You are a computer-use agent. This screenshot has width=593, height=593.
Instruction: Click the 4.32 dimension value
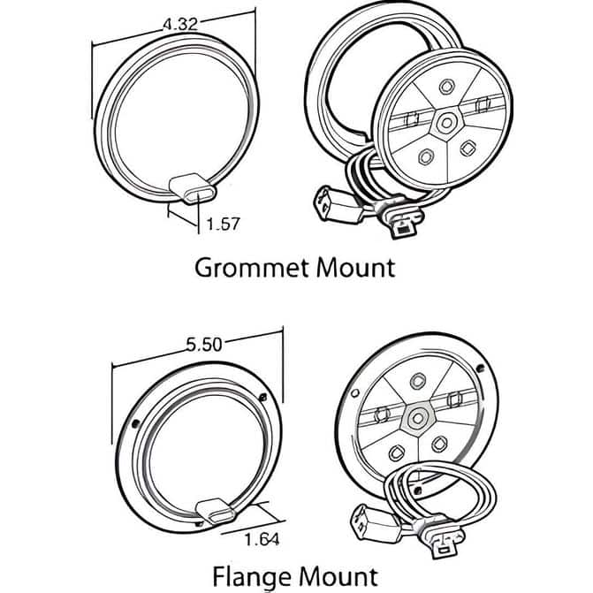click(x=180, y=24)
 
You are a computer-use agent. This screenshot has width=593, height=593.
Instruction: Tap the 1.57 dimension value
click(x=223, y=224)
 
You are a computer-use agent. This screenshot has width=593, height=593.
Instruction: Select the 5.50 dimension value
click(x=204, y=345)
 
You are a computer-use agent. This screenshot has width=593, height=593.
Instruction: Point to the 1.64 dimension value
click(x=262, y=539)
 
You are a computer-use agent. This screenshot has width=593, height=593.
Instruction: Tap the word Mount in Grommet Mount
click(x=356, y=268)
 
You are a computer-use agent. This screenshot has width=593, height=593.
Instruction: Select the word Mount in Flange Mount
click(x=338, y=577)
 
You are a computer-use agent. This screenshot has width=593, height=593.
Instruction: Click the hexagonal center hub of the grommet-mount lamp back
click(x=446, y=123)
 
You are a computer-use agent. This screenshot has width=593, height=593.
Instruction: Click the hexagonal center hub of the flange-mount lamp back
click(x=417, y=419)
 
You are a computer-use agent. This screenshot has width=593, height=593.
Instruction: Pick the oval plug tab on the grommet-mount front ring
click(x=193, y=188)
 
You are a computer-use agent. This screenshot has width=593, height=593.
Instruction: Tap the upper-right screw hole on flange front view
click(x=263, y=397)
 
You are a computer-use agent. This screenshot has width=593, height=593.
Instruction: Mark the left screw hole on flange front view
click(x=135, y=424)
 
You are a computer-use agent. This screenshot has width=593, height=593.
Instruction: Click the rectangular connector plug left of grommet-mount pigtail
click(x=338, y=205)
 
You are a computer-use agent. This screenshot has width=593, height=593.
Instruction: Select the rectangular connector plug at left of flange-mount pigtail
click(x=376, y=525)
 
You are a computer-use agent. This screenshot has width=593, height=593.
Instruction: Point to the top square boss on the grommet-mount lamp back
click(x=446, y=87)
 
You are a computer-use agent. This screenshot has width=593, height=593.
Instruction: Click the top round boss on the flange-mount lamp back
click(x=418, y=381)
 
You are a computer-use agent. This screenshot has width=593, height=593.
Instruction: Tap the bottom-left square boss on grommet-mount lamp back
click(x=426, y=156)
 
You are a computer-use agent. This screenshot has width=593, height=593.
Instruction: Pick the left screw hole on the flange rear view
click(x=354, y=393)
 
